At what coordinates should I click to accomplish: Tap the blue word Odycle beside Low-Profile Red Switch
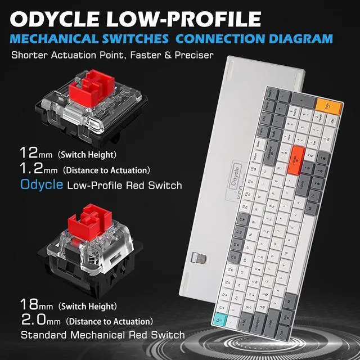(x=40, y=184)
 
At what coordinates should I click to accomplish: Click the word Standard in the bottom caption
(x=45, y=335)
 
